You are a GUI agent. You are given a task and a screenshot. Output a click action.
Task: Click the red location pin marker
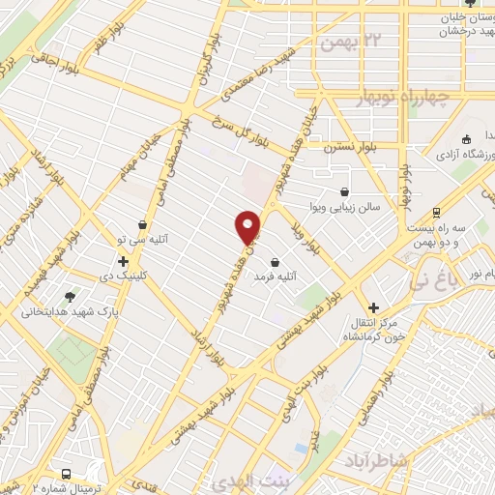248,226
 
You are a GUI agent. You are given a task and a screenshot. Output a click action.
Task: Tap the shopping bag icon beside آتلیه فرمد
276,262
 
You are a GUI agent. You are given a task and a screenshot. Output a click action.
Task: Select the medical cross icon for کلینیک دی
124,261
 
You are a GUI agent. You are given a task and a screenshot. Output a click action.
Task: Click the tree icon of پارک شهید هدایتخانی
70,297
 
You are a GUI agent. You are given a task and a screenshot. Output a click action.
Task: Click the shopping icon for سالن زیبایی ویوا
345,191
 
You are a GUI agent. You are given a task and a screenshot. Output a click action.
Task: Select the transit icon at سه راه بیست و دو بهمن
436,213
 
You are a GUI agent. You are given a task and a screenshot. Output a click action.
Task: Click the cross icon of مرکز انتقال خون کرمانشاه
366,300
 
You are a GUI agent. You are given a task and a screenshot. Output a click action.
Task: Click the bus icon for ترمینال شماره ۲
67,474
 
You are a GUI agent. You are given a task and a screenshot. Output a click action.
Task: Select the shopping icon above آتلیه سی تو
142,224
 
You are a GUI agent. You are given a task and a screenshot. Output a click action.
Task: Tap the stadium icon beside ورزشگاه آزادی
467,138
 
